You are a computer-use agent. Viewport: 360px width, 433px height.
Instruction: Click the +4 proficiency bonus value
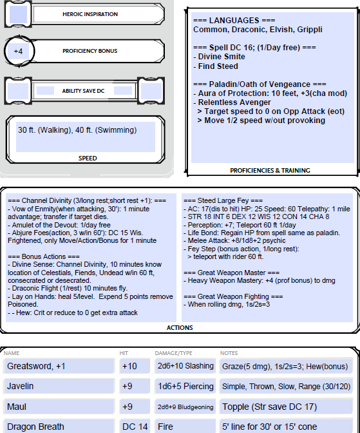pyautogui.click(x=18, y=52)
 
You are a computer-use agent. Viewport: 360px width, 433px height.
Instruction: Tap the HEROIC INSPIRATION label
pyautogui.click(x=90, y=14)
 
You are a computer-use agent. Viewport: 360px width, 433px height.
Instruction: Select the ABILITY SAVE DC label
pyautogui.click(x=83, y=91)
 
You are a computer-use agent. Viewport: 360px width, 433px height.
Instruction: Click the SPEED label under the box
pyautogui.click(x=88, y=159)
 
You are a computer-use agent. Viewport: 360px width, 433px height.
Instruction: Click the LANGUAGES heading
pyautogui.click(x=234, y=21)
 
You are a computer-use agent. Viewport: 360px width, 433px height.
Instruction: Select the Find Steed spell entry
pyautogui.click(x=218, y=66)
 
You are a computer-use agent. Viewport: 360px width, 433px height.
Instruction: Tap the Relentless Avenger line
pyautogui.click(x=234, y=102)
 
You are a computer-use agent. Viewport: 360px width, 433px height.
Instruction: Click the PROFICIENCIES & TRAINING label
pyautogui.click(x=270, y=170)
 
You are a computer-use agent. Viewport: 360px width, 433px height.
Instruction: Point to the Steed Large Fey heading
pyautogui.click(x=223, y=200)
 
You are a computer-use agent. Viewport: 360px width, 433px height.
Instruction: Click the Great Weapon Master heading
pyautogui.click(x=231, y=273)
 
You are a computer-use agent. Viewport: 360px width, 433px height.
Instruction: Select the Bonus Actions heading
pyautogui.click(x=44, y=257)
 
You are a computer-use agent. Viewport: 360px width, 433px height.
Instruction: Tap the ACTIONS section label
pyautogui.click(x=180, y=328)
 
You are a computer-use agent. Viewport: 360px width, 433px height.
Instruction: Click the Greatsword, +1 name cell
pyautogui.click(x=59, y=366)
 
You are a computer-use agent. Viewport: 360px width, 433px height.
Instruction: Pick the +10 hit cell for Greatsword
pyautogui.click(x=135, y=366)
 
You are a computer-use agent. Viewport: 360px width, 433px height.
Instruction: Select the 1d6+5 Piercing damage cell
pyautogui.click(x=185, y=386)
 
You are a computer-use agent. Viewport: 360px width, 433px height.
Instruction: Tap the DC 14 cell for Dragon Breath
pyautogui.click(x=135, y=427)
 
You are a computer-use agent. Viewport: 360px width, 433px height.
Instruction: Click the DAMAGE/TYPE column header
pyautogui.click(x=174, y=353)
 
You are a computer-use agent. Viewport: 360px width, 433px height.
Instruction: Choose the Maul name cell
pyautogui.click(x=59, y=407)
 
